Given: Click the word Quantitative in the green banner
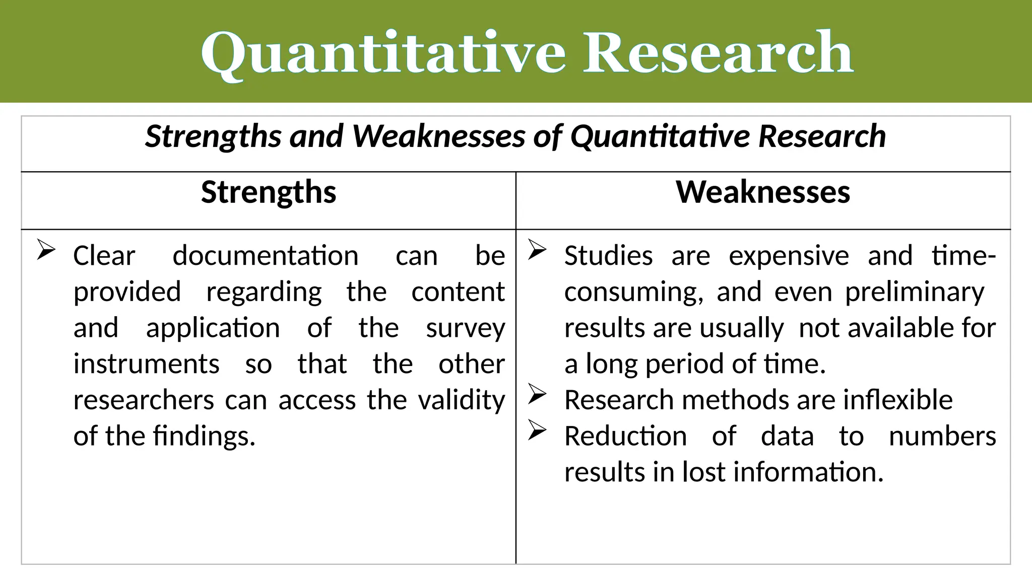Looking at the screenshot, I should pos(383,53).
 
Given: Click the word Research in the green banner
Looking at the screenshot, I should pos(718,52).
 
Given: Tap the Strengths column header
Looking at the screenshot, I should pos(269,192).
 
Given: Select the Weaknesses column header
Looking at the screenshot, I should pos(763,192).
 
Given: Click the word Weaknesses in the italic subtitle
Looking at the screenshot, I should pos(438,136).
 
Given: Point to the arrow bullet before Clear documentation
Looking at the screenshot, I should pos(46,250).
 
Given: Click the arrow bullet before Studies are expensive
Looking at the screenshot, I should pos(537,250).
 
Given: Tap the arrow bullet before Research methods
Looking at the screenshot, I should pos(537,394).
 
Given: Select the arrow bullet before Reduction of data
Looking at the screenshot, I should pos(537,430).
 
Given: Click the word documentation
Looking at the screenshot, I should pos(266,256).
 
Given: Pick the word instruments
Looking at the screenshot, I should pos(146,364).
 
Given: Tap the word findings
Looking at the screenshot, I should pos(204,436).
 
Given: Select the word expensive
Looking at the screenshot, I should pos(789,256).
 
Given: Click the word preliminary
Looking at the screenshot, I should pos(915,292).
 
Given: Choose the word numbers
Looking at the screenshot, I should pos(942,436).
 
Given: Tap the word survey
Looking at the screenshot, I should pos(465,328).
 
